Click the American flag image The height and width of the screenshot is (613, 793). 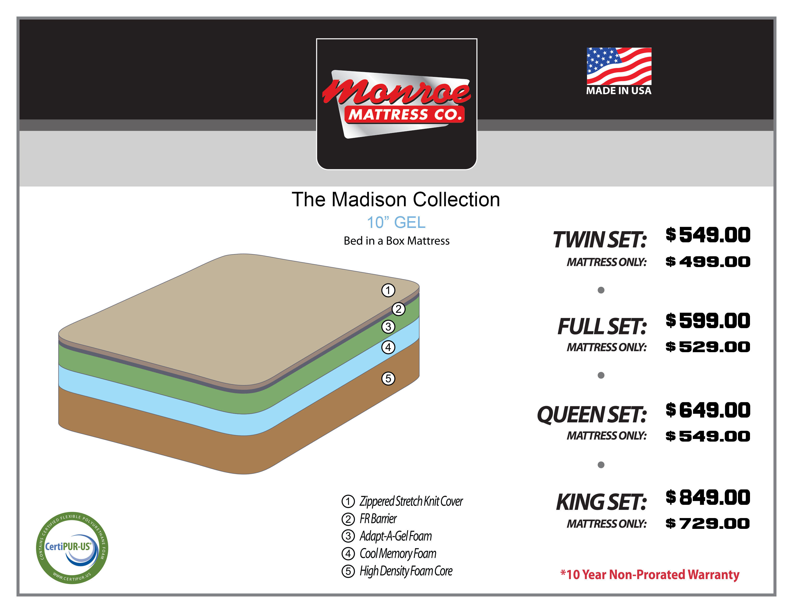coord(619,66)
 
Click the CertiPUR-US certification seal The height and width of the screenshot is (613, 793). coord(72,548)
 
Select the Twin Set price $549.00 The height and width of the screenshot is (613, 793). coord(708,235)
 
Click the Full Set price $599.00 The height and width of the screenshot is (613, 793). coord(708,321)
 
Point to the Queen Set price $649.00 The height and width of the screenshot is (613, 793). coord(708,410)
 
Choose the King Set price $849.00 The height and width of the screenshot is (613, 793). coord(708,497)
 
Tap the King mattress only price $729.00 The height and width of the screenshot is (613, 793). coord(708,523)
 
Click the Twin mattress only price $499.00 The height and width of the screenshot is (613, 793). coord(708,262)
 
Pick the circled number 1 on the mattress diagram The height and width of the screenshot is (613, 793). coord(388,290)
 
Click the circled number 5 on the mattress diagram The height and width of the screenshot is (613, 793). coord(388,378)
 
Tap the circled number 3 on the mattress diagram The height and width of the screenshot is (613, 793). coord(388,326)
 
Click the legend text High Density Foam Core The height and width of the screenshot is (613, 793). coord(406,571)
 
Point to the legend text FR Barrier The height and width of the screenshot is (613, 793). coord(378,519)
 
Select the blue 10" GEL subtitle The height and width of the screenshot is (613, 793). coord(396,222)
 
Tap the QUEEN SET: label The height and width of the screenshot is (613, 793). coord(592,414)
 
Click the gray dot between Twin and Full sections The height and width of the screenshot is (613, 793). coord(601,290)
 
